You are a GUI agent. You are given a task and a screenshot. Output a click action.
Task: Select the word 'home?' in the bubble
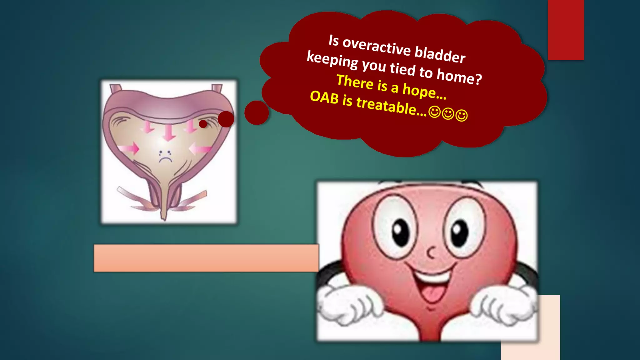click(459, 77)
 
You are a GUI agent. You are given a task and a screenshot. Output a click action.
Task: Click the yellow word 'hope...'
click(424, 91)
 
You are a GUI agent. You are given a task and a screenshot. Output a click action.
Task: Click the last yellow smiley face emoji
click(462, 115)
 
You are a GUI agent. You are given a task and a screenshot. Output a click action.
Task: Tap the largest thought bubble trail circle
click(257, 113)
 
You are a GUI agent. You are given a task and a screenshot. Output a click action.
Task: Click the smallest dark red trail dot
click(203, 124)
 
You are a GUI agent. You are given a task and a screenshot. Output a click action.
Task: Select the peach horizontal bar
click(206, 258)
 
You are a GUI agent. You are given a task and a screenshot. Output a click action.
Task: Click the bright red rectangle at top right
click(566, 30)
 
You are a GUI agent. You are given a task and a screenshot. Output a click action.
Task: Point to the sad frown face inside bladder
click(165, 157)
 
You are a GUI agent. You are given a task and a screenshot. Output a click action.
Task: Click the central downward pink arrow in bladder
click(169, 132)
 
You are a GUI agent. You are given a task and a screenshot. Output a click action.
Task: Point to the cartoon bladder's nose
click(431, 252)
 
